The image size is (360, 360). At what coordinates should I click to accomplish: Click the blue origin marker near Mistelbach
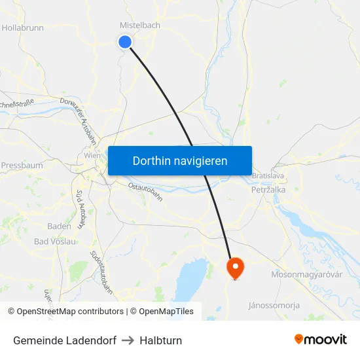pos(125,42)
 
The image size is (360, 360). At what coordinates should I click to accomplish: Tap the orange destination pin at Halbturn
pos(234,267)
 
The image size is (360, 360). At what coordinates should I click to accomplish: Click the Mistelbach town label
pos(139,25)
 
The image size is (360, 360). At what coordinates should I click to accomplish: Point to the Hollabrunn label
pos(22,28)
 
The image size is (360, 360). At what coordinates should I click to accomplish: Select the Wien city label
pos(92,156)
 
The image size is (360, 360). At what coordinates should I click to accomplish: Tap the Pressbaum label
pos(22,166)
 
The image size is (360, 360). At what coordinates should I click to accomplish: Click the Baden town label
pos(60,226)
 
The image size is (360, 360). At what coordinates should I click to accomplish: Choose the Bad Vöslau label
pos(56,241)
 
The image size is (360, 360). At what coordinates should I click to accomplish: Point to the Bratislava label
pos(267,176)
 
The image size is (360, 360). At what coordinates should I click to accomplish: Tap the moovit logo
pos(321,339)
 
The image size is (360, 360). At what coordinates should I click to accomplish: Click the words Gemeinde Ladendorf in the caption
pos(64,340)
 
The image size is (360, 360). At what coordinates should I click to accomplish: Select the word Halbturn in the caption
pos(161,340)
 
